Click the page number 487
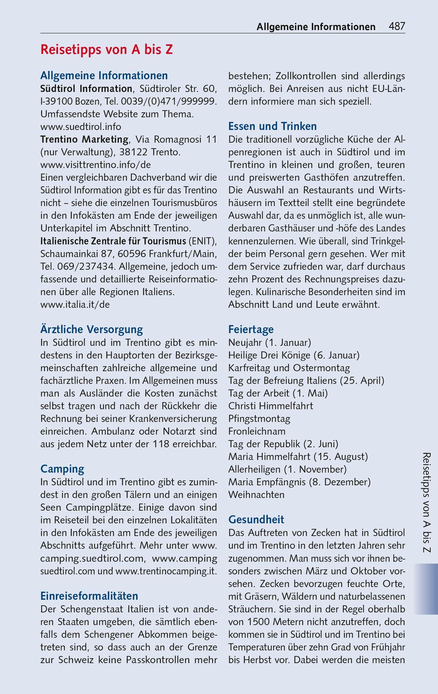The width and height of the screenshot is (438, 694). click(397, 26)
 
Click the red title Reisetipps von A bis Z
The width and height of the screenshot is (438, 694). click(107, 50)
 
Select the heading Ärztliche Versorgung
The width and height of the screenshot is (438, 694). click(92, 329)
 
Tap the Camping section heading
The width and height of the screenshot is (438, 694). click(62, 469)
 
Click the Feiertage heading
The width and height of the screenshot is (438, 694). click(251, 329)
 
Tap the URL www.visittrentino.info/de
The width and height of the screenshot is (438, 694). click(95, 165)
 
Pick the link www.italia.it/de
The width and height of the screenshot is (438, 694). click(75, 305)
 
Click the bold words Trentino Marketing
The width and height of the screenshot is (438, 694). click(84, 139)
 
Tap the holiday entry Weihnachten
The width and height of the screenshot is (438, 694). click(256, 495)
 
